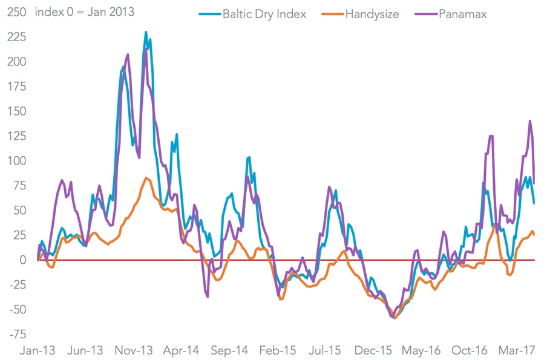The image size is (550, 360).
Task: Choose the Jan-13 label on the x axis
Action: click(x=38, y=351)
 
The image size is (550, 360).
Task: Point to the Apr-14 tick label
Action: click(x=182, y=351)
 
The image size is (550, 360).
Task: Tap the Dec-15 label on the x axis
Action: click(x=374, y=351)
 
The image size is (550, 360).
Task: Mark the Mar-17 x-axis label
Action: click(x=517, y=351)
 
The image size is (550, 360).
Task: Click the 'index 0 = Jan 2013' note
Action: click(x=84, y=12)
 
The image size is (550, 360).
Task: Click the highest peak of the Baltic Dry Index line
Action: click(x=146, y=32)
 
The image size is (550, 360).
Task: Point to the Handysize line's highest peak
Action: click(x=146, y=177)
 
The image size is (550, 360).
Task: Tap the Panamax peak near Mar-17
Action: click(x=530, y=121)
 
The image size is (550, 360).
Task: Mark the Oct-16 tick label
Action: click(x=470, y=351)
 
